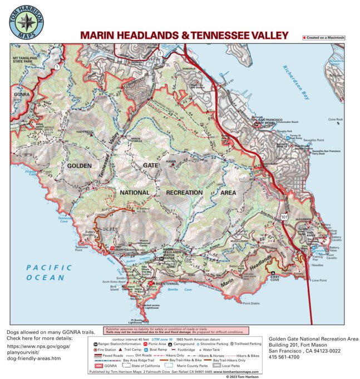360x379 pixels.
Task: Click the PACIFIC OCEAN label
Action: (49, 272)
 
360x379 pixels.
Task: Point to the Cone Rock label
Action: (336, 119)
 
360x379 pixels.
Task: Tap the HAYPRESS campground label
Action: (85, 132)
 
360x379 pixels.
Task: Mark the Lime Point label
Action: (319, 281)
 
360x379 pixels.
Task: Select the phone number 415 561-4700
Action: (284, 356)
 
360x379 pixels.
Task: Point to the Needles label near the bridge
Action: (318, 265)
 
